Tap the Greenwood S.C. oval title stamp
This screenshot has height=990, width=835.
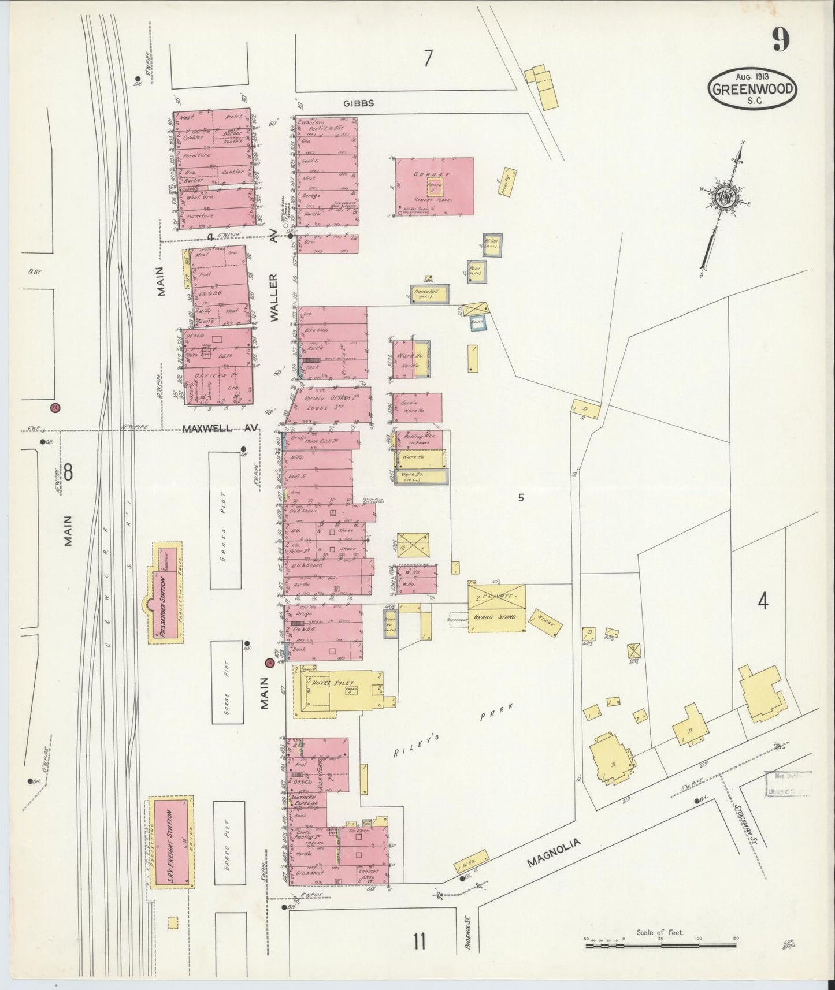(752, 88)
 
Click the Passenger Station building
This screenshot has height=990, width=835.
(166, 591)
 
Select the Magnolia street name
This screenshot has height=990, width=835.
(554, 855)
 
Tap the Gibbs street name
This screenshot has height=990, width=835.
(358, 103)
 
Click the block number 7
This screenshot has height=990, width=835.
(428, 59)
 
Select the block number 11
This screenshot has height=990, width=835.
(420, 941)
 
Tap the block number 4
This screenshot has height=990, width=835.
(763, 602)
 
